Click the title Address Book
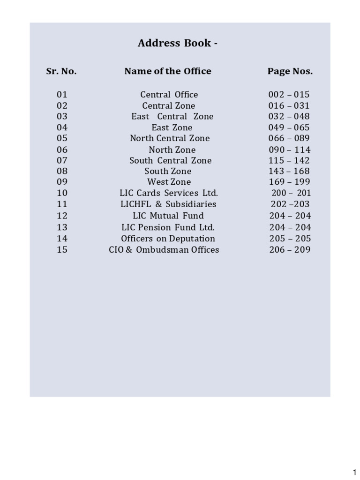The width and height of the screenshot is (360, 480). click(177, 44)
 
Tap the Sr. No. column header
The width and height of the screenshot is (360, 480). click(61, 71)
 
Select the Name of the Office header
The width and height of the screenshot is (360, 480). click(168, 71)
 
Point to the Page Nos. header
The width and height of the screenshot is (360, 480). click(290, 71)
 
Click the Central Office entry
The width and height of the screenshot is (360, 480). click(169, 95)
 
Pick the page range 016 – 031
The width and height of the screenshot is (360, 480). click(289, 106)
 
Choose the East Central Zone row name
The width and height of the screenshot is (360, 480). click(172, 116)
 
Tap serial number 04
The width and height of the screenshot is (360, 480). click(62, 127)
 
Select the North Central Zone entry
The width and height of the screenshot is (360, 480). click(170, 138)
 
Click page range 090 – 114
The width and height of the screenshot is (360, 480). click(289, 150)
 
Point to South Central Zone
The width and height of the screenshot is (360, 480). click(171, 160)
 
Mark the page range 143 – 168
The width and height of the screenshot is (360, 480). click(289, 171)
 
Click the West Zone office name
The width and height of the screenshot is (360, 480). click(169, 182)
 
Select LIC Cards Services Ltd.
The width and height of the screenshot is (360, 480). click(169, 193)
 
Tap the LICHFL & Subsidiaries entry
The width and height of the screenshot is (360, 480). click(168, 204)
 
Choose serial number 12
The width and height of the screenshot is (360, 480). click(62, 216)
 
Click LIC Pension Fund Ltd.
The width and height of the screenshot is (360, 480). click(168, 227)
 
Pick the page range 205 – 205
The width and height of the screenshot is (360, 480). click(290, 239)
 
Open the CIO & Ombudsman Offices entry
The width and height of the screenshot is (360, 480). click(164, 250)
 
